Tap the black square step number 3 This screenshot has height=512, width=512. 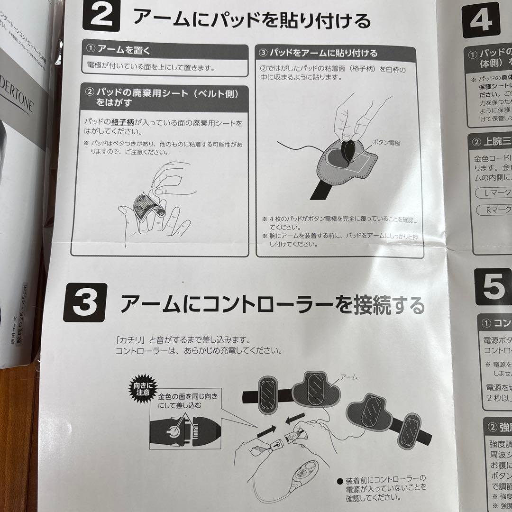click(86, 304)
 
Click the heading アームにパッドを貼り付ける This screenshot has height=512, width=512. click(251, 20)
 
